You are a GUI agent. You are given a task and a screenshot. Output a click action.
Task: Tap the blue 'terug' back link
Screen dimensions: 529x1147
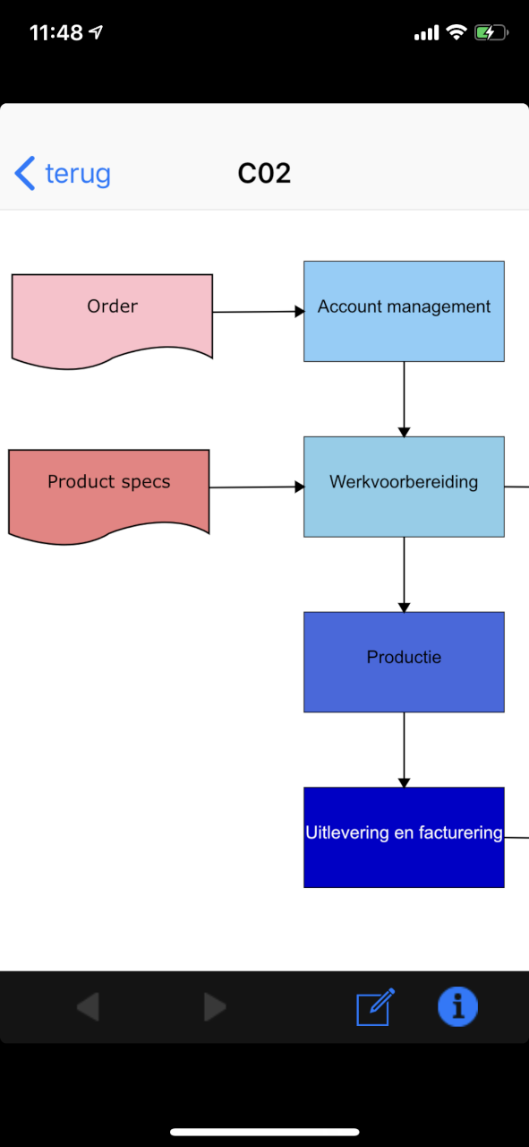click(63, 174)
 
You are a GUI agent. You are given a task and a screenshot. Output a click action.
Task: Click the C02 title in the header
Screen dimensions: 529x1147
click(264, 174)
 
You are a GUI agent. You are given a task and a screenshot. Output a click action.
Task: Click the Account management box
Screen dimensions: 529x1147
click(404, 311)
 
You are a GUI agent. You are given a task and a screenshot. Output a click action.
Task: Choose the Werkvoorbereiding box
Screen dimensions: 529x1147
click(404, 487)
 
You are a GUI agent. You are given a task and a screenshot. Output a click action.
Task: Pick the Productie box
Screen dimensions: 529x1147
click(404, 661)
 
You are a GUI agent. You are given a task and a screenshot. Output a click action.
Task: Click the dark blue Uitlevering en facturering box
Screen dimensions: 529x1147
click(404, 837)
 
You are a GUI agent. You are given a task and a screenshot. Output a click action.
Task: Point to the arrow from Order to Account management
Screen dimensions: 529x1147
click(259, 311)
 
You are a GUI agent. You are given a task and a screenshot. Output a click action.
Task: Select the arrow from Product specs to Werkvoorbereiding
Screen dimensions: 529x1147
click(257, 487)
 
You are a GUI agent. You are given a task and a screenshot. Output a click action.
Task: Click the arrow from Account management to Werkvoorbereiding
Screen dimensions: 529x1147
click(405, 400)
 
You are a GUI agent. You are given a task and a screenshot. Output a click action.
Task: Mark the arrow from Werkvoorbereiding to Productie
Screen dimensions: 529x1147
click(405, 574)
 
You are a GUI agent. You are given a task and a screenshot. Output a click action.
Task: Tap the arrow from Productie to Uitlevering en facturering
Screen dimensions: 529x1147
click(405, 750)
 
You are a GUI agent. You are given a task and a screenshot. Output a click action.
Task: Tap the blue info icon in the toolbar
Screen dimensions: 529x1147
click(458, 1006)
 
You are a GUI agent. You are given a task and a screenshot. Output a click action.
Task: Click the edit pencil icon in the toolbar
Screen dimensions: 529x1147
click(375, 1006)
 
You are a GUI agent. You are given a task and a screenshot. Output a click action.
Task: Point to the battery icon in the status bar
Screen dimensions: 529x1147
click(491, 33)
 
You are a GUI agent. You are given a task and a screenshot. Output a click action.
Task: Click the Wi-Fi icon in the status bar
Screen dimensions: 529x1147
click(456, 32)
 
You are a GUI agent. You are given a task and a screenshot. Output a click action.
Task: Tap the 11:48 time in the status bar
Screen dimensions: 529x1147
click(56, 33)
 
